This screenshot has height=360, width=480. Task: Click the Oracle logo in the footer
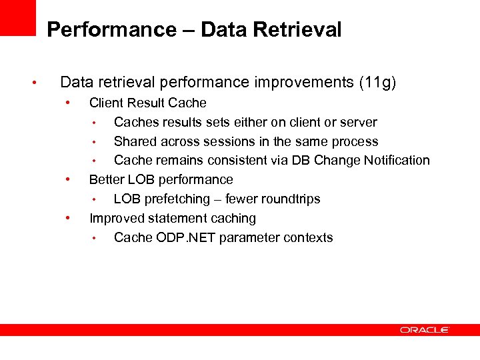pyautogui.click(x=425, y=330)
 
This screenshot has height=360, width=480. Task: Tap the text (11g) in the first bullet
pyautogui.click(x=377, y=83)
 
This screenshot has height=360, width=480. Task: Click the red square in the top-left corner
pyautogui.click(x=17, y=17)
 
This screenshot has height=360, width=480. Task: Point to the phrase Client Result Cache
pyautogui.click(x=147, y=103)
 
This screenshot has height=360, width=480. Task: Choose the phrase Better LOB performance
pyautogui.click(x=161, y=180)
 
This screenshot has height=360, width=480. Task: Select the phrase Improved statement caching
pyautogui.click(x=172, y=219)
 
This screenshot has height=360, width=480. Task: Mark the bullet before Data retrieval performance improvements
pyautogui.click(x=33, y=83)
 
